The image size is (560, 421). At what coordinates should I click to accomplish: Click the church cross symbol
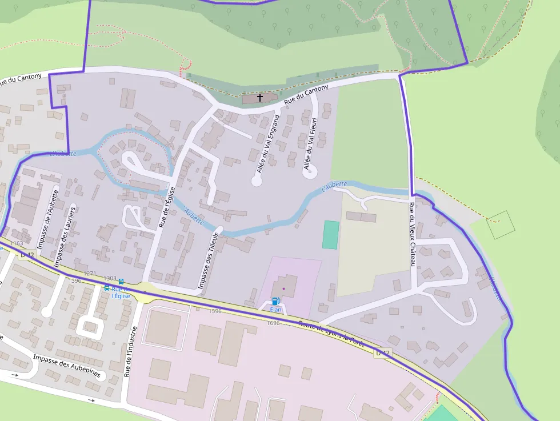point(260,98)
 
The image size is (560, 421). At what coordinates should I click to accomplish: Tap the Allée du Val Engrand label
point(268,143)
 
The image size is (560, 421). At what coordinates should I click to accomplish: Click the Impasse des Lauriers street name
point(65,235)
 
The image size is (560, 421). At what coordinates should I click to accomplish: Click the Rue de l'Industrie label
point(131,352)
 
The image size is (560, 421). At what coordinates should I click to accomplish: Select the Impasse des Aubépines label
point(66,366)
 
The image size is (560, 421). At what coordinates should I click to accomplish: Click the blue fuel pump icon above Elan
point(275,300)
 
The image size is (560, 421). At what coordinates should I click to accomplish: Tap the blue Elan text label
point(276,310)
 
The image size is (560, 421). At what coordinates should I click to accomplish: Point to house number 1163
point(17,243)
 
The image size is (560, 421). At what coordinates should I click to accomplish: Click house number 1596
point(215,311)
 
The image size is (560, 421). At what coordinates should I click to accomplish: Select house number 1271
point(90,274)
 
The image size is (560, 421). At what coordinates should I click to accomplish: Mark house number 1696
point(273,323)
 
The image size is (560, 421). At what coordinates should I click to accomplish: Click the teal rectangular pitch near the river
point(330,234)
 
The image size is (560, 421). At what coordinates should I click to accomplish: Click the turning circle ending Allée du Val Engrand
point(257,181)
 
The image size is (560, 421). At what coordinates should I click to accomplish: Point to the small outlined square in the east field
point(501,224)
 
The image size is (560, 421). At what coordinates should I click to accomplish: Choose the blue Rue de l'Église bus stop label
point(121,292)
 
